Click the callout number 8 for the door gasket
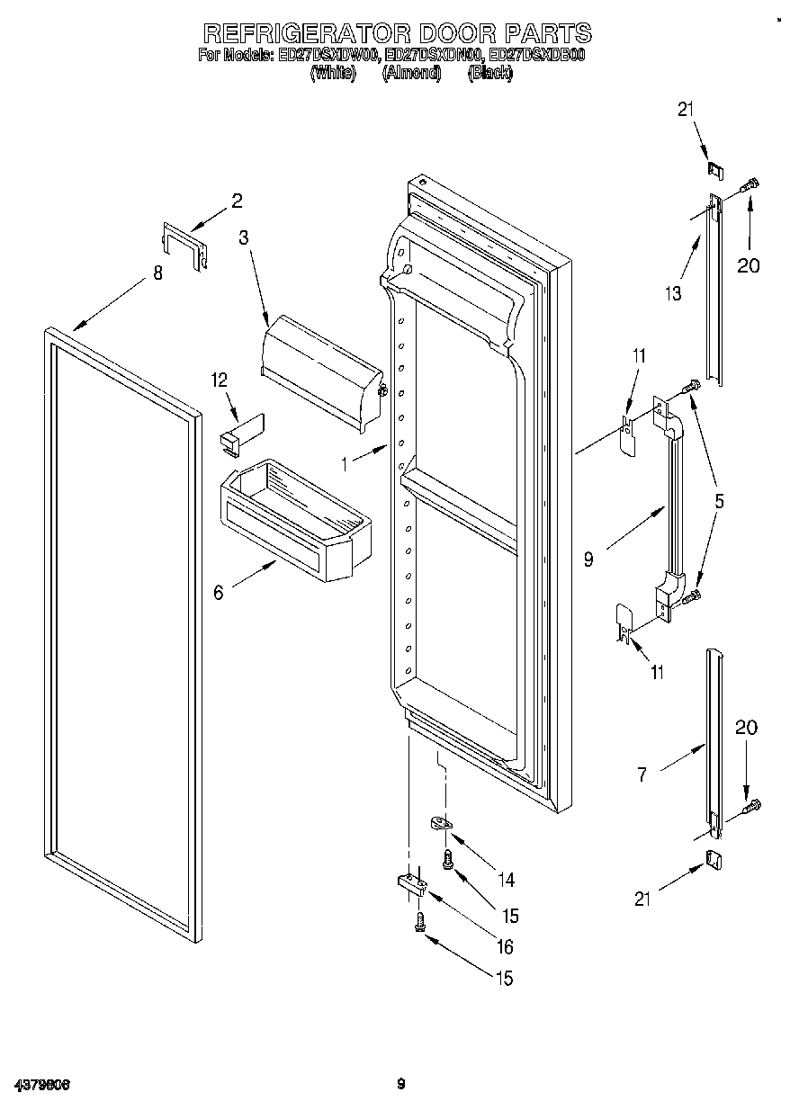tap(158, 273)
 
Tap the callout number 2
tap(237, 201)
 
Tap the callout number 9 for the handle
tap(588, 559)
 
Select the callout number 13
tap(673, 292)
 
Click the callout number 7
tap(642, 774)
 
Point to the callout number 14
tap(509, 879)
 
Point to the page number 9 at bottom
tap(401, 1084)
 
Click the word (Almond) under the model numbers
tap(411, 75)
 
